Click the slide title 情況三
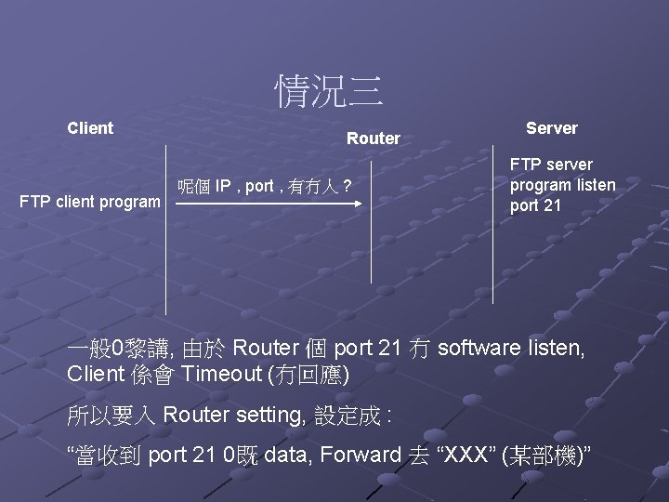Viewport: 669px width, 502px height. [329, 90]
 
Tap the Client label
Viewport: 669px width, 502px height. [90, 128]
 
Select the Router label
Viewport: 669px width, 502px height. [373, 139]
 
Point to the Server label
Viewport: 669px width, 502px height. [551, 128]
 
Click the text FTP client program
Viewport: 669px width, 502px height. [90, 201]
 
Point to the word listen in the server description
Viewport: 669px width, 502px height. [595, 184]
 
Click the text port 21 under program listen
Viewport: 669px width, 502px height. [535, 205]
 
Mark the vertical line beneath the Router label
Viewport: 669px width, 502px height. [372, 223]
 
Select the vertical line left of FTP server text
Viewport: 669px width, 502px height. [493, 223]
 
